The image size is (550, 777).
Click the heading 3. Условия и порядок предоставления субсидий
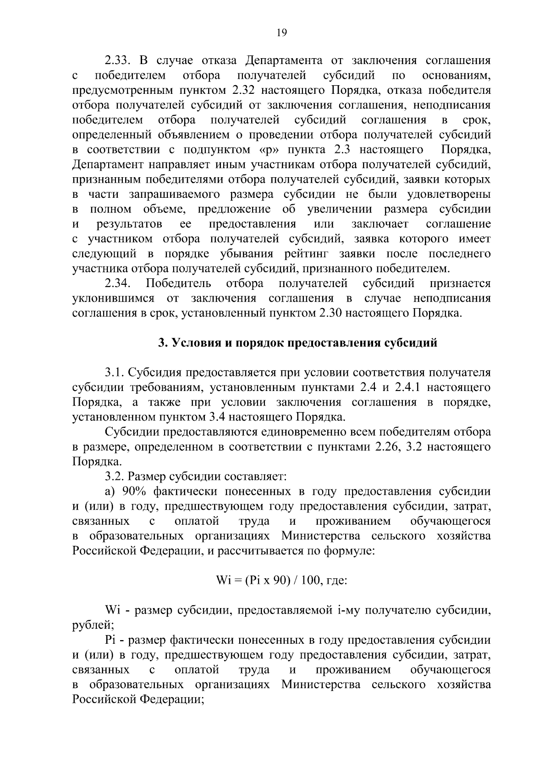297,343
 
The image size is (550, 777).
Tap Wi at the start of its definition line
112,611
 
